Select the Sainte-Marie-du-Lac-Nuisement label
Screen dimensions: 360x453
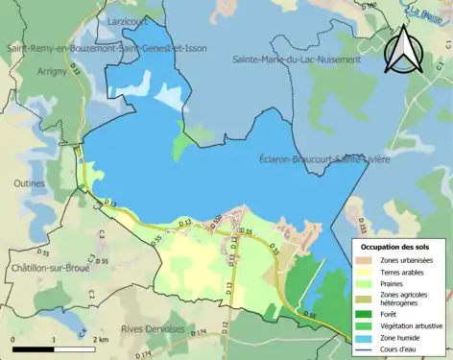pos(297,59)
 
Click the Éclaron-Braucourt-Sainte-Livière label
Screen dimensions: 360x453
pos(324,159)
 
